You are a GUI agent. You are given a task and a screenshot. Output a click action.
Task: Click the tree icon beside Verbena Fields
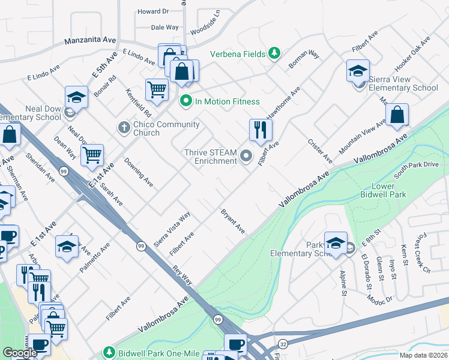tap(274, 54)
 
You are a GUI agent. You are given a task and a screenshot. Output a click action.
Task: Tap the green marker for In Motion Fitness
tap(186, 101)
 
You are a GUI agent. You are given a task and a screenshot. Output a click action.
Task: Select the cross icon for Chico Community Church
tap(124, 127)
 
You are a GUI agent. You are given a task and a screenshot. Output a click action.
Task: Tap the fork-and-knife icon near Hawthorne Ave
tap(261, 130)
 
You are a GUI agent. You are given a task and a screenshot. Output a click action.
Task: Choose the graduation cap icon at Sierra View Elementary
tap(358, 71)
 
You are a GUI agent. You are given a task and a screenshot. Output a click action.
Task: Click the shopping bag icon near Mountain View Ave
tap(397, 114)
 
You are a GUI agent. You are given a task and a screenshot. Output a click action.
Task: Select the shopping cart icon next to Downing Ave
tap(92, 155)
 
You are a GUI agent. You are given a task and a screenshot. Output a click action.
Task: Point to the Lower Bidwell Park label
tap(383, 190)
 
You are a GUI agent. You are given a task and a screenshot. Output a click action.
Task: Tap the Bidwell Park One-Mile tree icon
tap(109, 352)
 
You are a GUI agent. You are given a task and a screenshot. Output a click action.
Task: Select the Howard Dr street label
tap(153, 11)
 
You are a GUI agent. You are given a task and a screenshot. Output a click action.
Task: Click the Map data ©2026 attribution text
tap(423, 355)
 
